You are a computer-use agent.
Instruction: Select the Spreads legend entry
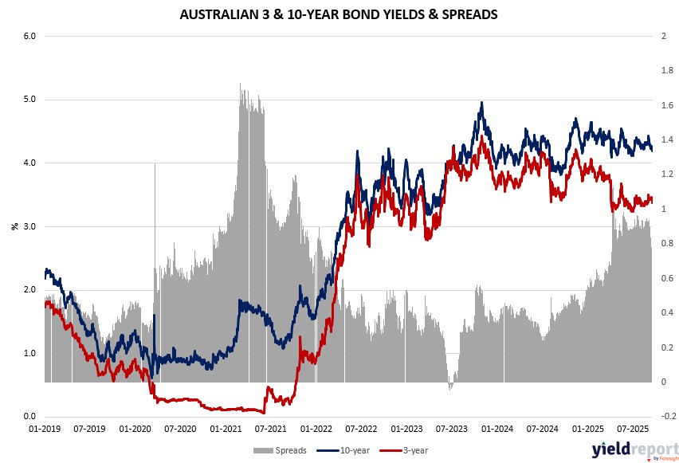[x=285, y=450]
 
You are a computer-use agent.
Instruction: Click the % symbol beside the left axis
[x=14, y=226]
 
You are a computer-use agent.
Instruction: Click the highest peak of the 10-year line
[x=481, y=103]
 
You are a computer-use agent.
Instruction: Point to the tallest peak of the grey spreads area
[x=241, y=84]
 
